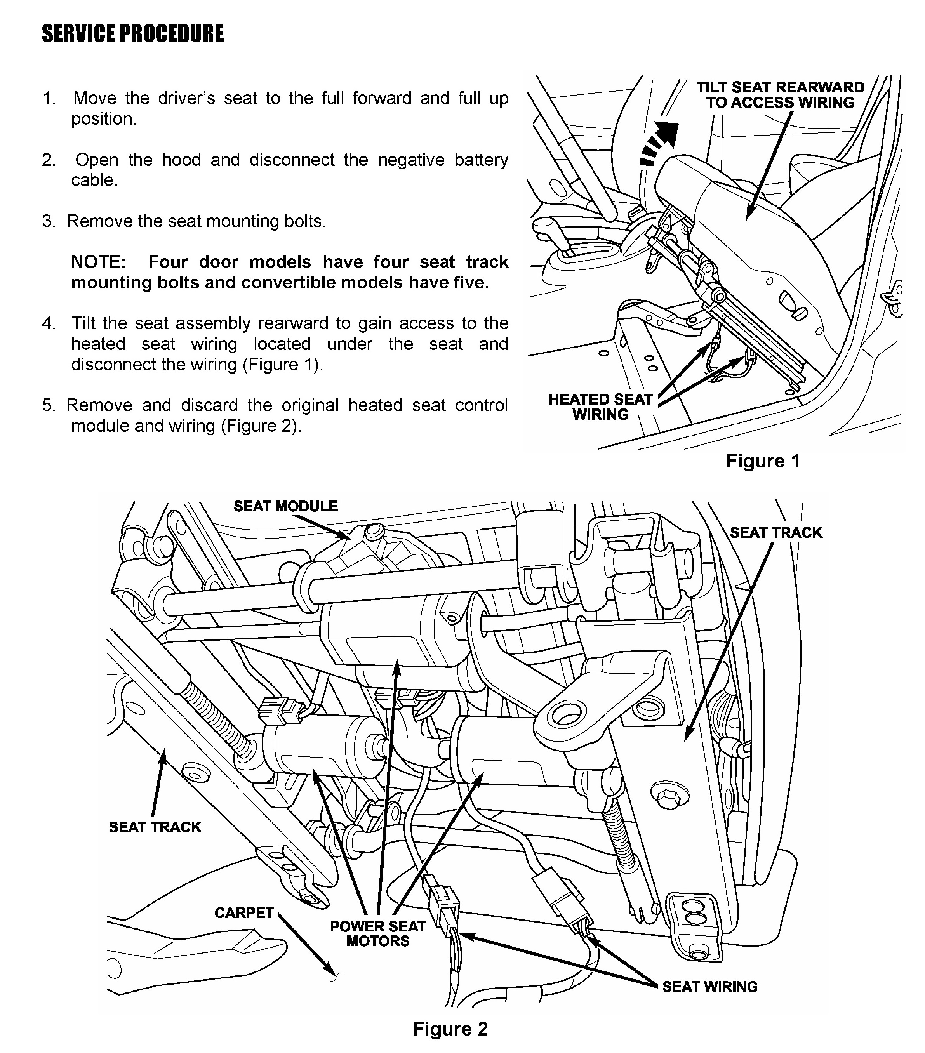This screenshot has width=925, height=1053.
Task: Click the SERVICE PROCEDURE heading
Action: (x=132, y=34)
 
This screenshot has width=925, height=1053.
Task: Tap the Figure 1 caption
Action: (x=763, y=460)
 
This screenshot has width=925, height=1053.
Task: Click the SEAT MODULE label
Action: (x=285, y=506)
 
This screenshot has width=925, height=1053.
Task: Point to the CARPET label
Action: (x=244, y=913)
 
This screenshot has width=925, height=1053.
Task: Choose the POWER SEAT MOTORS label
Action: (x=378, y=933)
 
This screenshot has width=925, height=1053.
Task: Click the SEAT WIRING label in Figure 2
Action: (x=709, y=986)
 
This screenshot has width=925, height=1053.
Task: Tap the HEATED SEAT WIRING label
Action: (x=600, y=407)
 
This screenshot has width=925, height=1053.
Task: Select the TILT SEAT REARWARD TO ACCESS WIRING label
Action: (x=780, y=95)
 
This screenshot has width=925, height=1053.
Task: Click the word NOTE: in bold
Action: (x=98, y=262)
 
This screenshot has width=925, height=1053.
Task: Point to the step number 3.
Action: (x=49, y=221)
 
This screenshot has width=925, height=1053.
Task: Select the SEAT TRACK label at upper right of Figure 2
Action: (x=775, y=532)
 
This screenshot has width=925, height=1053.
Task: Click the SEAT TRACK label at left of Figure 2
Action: (x=155, y=827)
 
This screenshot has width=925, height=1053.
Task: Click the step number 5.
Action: (x=49, y=405)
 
